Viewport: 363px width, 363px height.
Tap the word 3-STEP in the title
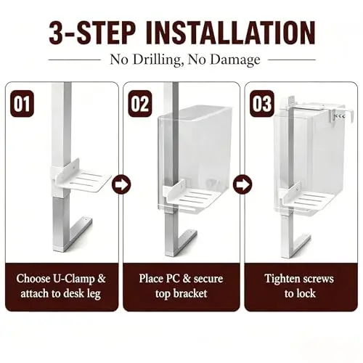pyautogui.click(x=91, y=33)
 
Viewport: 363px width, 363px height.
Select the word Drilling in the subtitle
pyautogui.click(x=157, y=60)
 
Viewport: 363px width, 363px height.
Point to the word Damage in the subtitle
pyautogui.click(x=234, y=60)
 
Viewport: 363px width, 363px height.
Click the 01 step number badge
pyautogui.click(x=22, y=104)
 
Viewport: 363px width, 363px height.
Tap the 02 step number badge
pyautogui.click(x=139, y=104)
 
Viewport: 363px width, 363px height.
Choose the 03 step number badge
pyautogui.click(x=261, y=104)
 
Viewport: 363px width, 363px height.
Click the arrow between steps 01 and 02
pyautogui.click(x=121, y=184)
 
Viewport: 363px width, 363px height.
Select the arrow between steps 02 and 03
pyautogui.click(x=242, y=184)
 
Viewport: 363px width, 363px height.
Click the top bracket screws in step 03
pyautogui.click(x=340, y=116)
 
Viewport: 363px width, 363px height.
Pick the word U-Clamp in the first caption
pyautogui.click(x=74, y=278)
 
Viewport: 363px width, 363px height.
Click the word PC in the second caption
pyautogui.click(x=173, y=278)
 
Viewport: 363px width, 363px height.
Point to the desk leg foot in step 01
pyautogui.click(x=59, y=248)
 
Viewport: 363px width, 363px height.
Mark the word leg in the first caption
pyautogui.click(x=93, y=294)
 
